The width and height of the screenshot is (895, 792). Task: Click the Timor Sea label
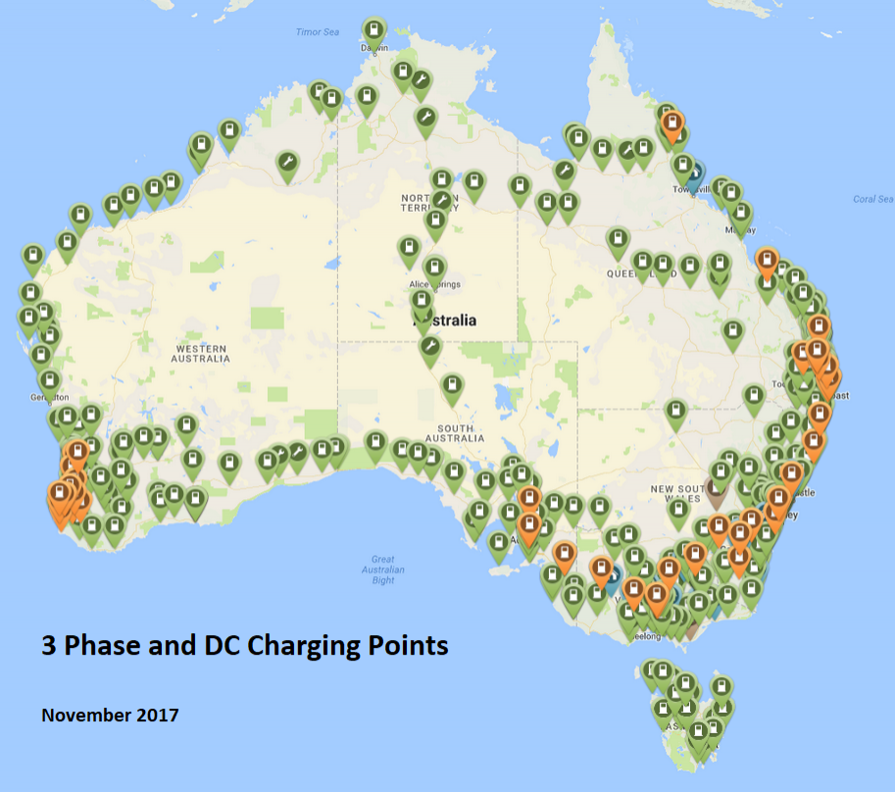(317, 32)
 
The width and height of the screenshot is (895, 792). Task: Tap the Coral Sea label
(871, 199)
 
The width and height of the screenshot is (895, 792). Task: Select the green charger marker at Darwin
(373, 28)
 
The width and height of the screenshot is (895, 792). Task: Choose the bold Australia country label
(446, 321)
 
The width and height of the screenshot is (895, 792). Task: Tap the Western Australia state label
(203, 354)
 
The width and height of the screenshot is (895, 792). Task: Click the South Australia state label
(456, 434)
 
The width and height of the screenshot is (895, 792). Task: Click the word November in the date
(85, 715)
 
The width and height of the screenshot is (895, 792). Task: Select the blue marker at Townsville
(694, 173)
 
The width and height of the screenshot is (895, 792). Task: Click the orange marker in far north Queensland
(672, 125)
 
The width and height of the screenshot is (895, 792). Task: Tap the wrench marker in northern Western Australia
(287, 163)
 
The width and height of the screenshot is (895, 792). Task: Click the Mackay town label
(742, 228)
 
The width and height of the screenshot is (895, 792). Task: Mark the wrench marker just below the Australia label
(429, 347)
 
